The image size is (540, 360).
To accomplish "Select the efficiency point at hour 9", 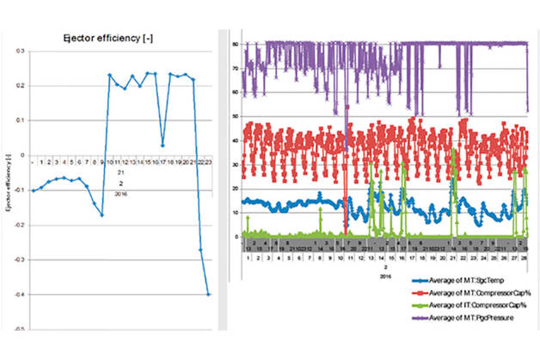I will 101,215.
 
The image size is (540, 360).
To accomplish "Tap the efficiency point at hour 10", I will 110,75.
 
